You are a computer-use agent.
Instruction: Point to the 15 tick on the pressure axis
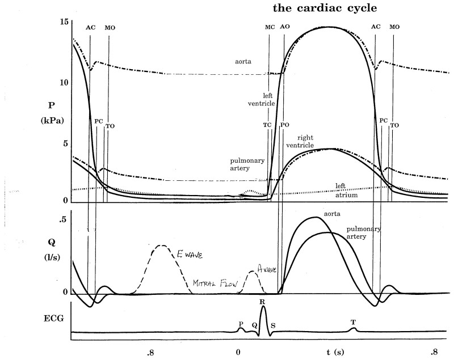pyautogui.click(x=64, y=22)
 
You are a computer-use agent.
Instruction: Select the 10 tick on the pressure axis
pyautogui.click(x=64, y=83)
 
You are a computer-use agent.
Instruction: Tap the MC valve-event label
pyautogui.click(x=270, y=27)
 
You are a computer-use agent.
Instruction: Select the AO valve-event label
pyautogui.click(x=284, y=27)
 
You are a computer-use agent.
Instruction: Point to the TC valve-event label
pyautogui.click(x=267, y=125)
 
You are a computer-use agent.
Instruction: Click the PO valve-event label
pyautogui.click(x=284, y=125)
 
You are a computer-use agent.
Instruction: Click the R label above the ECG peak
pyautogui.click(x=262, y=302)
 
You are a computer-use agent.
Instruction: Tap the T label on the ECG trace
pyautogui.click(x=353, y=322)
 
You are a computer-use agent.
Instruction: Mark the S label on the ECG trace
pyautogui.click(x=273, y=325)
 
